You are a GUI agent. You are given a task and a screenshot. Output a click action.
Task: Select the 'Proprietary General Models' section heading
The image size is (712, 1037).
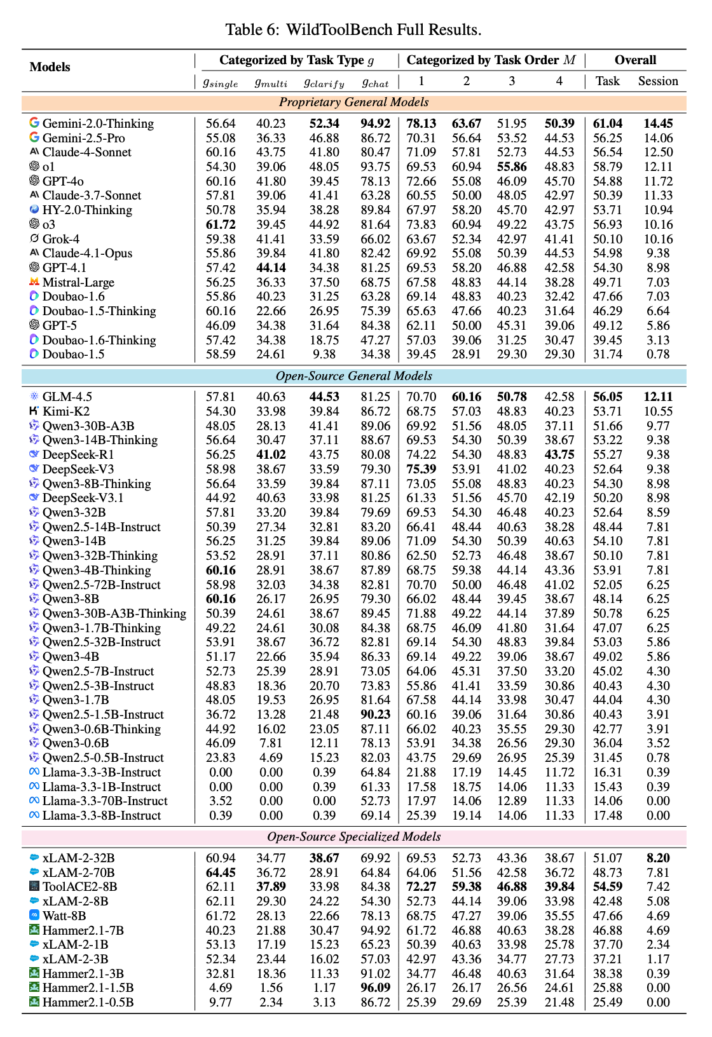(x=353, y=102)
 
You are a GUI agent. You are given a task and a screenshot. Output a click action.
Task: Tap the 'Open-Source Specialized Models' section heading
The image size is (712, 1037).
(x=353, y=837)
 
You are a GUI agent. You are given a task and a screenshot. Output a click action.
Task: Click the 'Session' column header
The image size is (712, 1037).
(x=658, y=81)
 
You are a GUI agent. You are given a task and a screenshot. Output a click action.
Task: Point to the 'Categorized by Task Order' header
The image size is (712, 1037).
(x=491, y=60)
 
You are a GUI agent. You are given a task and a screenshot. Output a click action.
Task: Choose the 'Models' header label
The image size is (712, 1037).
(x=50, y=67)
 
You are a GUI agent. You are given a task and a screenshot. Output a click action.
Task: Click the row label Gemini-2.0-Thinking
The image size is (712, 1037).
(x=98, y=123)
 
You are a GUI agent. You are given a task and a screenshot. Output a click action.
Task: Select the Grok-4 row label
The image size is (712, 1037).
(x=61, y=239)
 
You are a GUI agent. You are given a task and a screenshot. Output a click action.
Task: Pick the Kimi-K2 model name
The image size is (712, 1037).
(x=66, y=411)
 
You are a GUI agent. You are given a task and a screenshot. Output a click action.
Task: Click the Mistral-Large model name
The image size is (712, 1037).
(x=78, y=282)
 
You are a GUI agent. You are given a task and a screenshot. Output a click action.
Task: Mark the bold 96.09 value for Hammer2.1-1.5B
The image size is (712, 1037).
(x=376, y=987)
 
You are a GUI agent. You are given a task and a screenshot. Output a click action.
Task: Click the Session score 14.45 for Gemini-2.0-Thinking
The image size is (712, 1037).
(x=658, y=123)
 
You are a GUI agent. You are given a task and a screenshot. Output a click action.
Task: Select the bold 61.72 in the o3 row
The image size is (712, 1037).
(x=221, y=224)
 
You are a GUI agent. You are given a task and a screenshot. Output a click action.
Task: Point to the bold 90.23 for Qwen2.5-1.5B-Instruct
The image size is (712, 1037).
(x=376, y=714)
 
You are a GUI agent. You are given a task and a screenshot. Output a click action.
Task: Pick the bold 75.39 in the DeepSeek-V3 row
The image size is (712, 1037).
(x=421, y=469)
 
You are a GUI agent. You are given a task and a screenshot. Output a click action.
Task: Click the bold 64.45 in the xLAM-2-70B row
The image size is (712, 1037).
(x=221, y=872)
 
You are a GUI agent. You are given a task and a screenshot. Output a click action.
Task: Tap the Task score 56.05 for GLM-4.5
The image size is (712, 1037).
(x=607, y=396)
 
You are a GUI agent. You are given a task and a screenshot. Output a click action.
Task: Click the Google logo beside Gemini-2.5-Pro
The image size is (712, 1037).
(x=34, y=138)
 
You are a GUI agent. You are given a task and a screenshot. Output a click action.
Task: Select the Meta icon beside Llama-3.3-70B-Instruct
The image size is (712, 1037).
(x=34, y=801)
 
